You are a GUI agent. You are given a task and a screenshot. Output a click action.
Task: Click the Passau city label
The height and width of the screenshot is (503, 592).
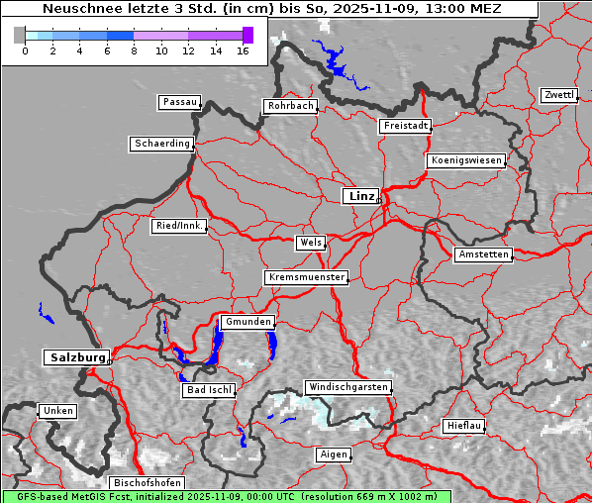(179, 102)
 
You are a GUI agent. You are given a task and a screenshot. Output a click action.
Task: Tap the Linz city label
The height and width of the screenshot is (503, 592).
(360, 196)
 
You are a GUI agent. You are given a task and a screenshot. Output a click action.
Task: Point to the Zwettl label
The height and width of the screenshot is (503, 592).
(558, 95)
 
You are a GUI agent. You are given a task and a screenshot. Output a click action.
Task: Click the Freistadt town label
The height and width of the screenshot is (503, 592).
(405, 126)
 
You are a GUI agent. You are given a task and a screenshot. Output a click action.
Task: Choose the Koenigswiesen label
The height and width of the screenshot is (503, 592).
(465, 160)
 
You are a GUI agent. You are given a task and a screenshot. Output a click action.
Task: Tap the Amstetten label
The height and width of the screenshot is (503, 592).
(482, 254)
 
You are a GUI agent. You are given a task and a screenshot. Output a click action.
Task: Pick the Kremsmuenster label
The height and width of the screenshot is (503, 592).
(307, 277)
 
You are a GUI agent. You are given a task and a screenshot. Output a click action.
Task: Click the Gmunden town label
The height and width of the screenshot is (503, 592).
(247, 322)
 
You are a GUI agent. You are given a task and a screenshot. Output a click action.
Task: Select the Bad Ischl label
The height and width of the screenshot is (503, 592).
(209, 390)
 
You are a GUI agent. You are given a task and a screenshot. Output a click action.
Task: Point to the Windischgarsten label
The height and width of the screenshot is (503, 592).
(347, 387)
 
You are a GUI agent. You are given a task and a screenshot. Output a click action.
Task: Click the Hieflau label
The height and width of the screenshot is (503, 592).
(464, 425)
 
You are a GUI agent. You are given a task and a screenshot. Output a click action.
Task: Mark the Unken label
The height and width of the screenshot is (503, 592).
(57, 410)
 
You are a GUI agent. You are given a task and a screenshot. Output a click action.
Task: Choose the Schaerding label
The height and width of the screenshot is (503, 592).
(161, 144)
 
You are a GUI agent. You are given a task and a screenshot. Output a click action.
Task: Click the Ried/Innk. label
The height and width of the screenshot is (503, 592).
(179, 226)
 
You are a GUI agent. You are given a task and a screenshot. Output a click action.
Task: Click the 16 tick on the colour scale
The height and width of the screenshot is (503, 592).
(243, 50)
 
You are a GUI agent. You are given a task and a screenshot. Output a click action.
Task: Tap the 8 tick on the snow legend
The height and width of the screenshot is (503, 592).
(134, 50)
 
